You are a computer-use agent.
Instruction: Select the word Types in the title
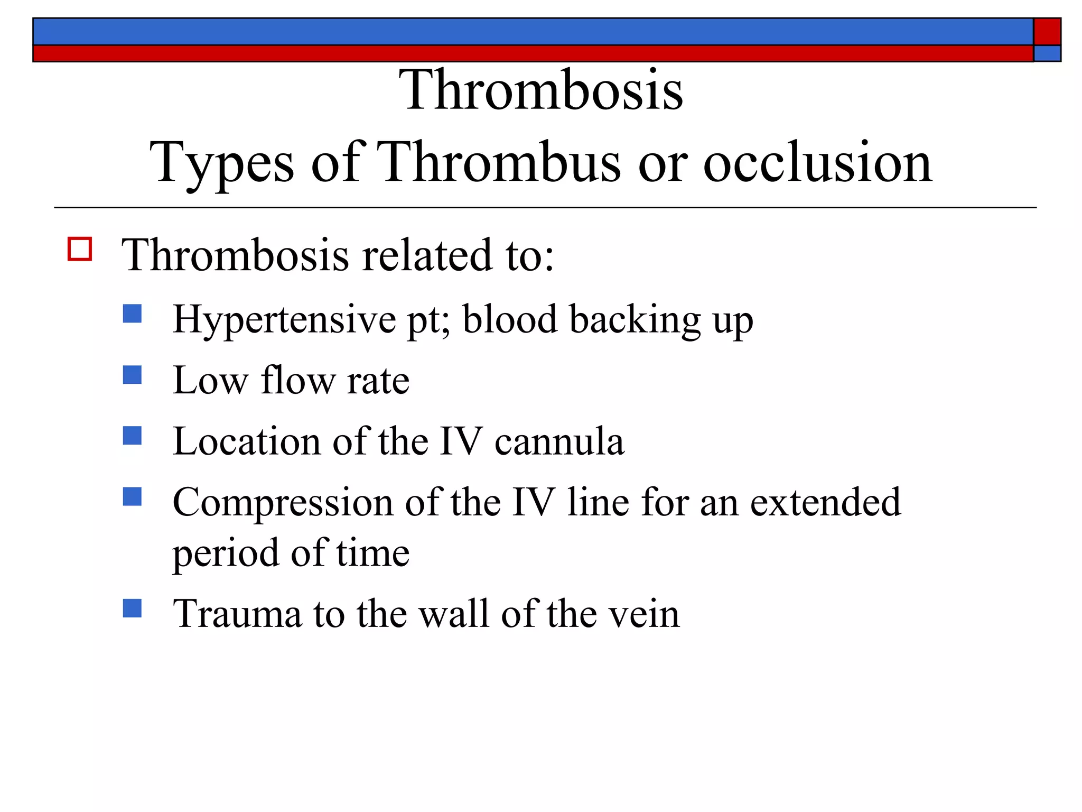[221, 164]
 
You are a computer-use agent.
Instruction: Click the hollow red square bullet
[80, 248]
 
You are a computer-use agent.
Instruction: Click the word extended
[825, 502]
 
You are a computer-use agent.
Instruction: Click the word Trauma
[238, 614]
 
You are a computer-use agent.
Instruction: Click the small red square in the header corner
[1047, 32]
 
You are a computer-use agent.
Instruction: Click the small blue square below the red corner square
[1047, 53]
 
